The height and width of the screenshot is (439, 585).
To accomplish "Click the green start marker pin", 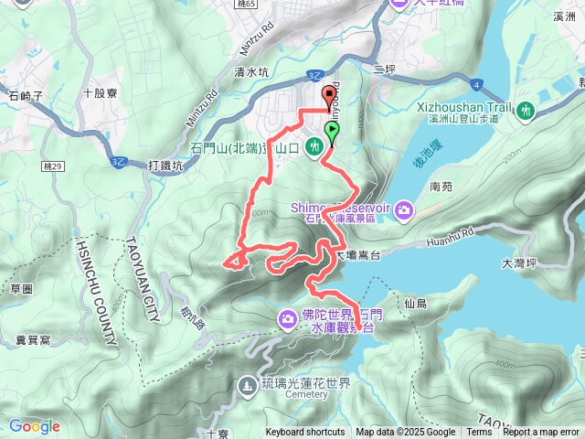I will click(x=331, y=132).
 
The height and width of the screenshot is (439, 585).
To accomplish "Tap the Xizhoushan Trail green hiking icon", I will click(x=525, y=111).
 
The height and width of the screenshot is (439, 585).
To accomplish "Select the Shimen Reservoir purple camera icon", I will click(x=403, y=211).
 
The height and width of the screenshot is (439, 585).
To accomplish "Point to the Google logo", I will click(x=35, y=426).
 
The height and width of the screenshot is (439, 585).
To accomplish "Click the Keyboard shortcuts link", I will click(x=305, y=433).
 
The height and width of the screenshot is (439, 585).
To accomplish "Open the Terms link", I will click(x=479, y=433).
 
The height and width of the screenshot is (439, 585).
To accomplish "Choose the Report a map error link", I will click(x=541, y=433).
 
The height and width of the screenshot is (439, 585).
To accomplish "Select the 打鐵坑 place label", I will click(x=165, y=166).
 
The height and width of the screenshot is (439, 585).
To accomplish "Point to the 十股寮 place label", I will click(x=101, y=92).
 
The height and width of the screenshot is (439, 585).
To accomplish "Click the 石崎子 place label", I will click(x=26, y=93).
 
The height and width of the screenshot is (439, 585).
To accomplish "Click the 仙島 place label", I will click(x=415, y=302).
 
